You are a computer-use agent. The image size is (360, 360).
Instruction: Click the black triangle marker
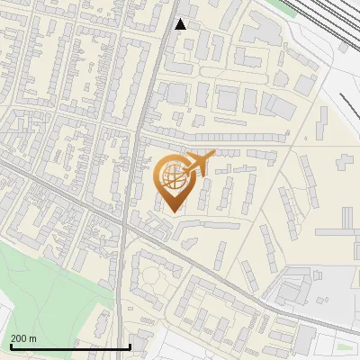pos(181,24)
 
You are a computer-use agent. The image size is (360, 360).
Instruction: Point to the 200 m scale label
pos(23,337)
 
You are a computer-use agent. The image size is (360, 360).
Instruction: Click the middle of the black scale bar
pos(70,346)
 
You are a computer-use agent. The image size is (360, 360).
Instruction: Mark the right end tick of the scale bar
pos(130,346)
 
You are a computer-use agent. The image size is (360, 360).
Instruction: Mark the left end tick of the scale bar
pos(11,346)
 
